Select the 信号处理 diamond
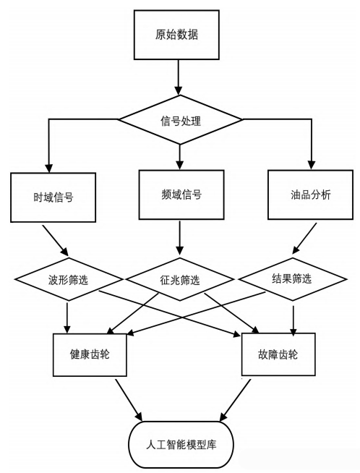(x=178, y=121)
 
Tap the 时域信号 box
(x=53, y=197)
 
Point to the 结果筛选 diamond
(x=292, y=278)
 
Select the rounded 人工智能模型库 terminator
(x=181, y=443)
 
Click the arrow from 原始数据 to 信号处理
(x=178, y=78)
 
